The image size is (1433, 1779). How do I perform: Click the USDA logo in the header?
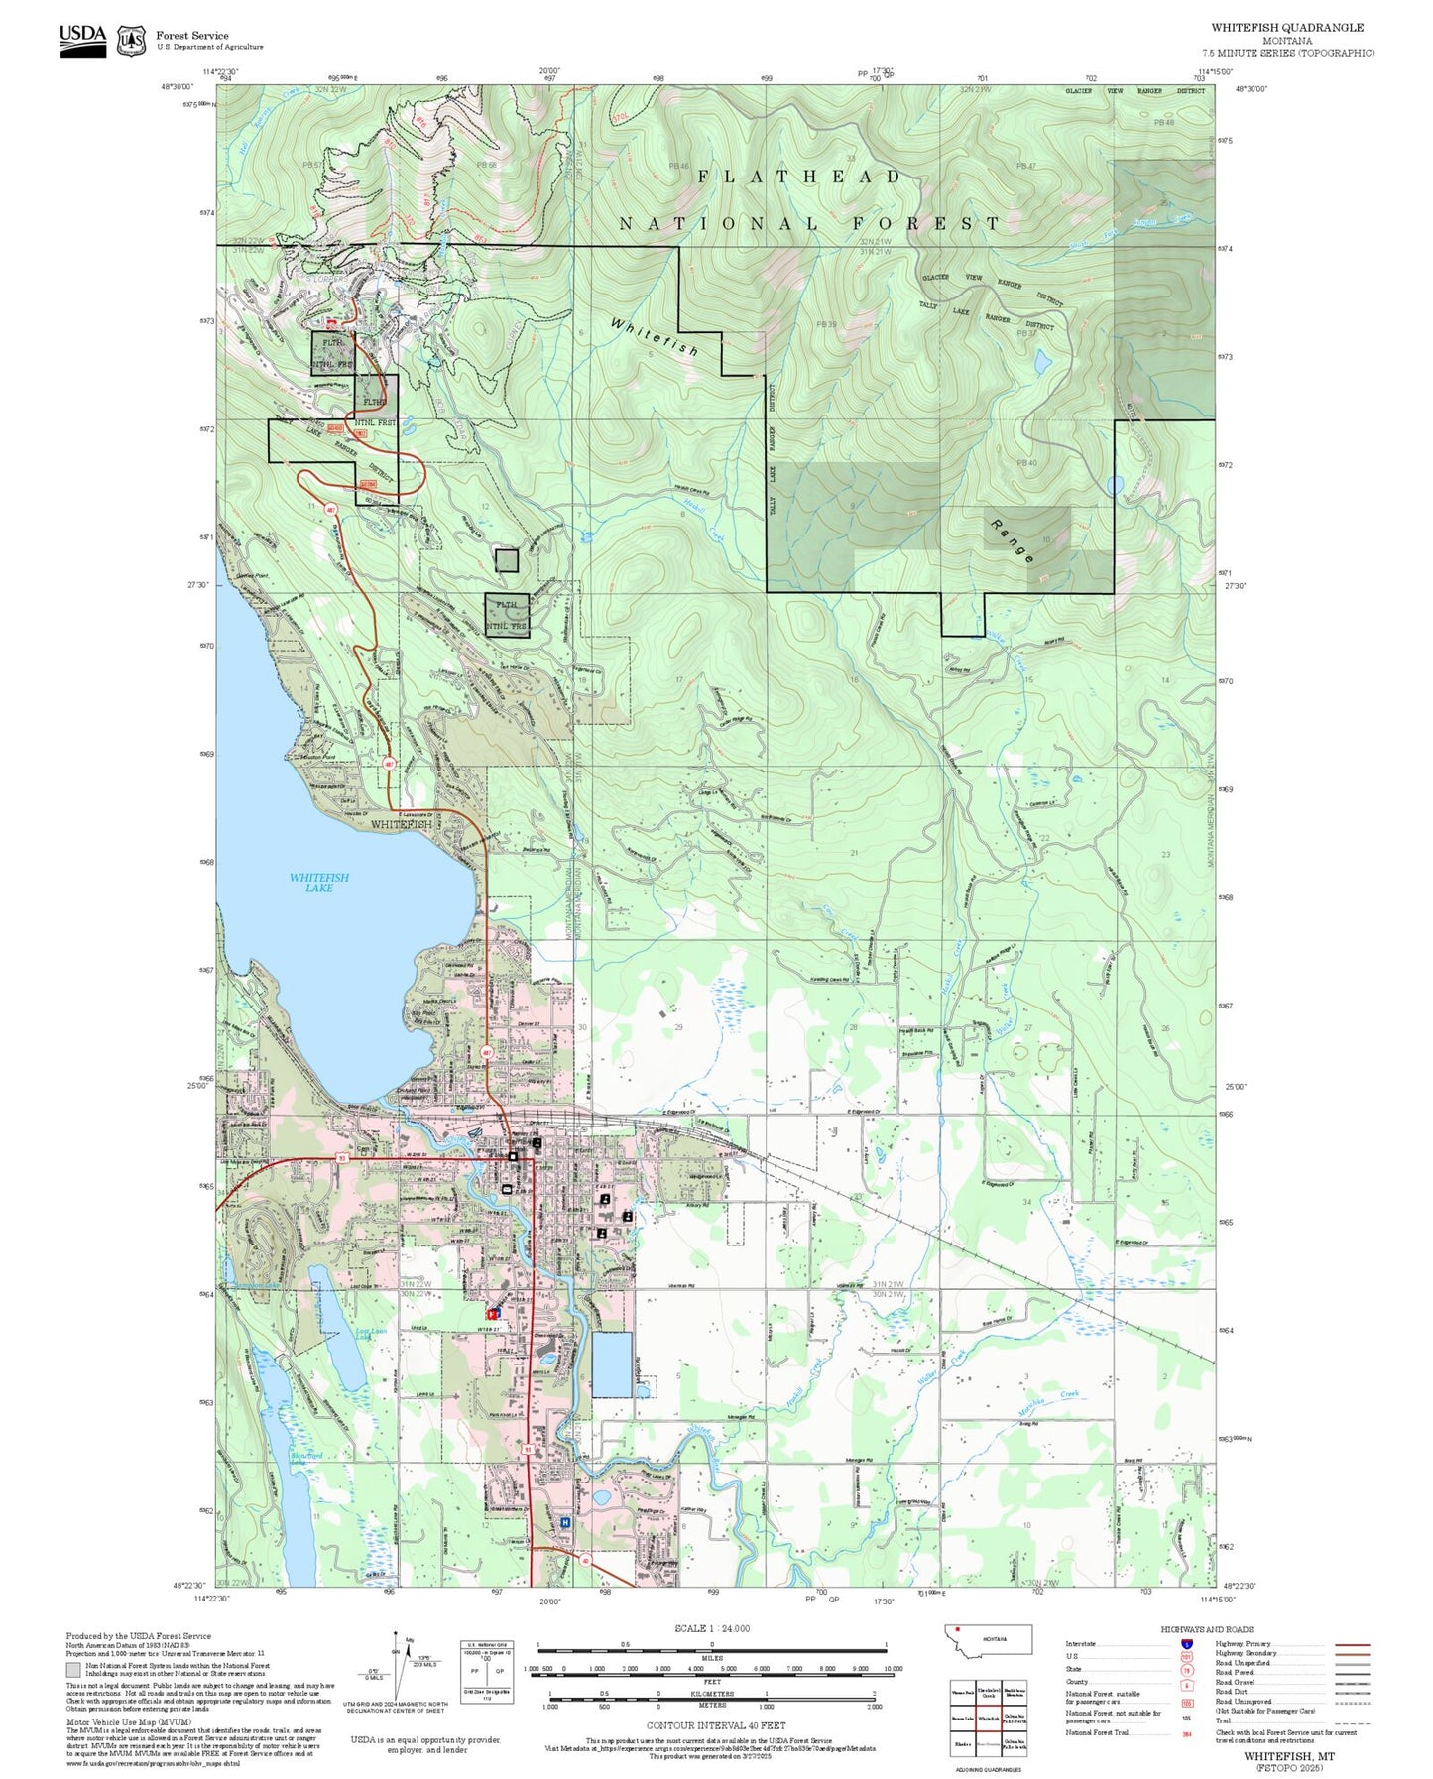82,39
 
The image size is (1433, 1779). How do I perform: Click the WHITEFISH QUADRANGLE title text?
1286,28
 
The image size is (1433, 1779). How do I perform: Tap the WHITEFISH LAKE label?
318,883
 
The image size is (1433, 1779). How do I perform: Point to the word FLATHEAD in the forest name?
799,177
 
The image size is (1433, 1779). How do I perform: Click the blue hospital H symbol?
565,1522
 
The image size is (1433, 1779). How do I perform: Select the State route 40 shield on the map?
585,1561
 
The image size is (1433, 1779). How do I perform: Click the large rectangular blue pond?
611,1364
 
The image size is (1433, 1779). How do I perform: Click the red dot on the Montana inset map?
958,1629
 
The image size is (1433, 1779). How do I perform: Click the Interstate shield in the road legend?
1186,1644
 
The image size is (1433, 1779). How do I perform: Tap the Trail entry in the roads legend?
1224,1720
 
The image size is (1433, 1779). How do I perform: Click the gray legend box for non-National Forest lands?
72,1670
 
